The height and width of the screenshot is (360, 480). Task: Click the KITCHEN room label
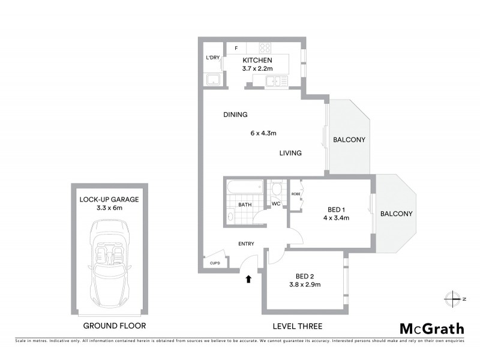(x=257, y=61)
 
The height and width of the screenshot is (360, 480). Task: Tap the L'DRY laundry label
(x=212, y=58)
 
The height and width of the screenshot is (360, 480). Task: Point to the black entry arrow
(x=248, y=278)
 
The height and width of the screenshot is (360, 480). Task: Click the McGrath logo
(x=431, y=328)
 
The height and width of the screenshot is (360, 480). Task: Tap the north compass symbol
(x=451, y=298)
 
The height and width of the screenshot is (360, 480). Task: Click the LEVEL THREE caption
(x=298, y=326)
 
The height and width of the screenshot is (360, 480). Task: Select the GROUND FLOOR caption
(x=114, y=326)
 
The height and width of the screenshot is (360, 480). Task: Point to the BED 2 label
(x=305, y=277)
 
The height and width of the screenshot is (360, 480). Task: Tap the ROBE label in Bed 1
(x=296, y=194)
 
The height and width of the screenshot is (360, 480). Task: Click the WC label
(x=276, y=204)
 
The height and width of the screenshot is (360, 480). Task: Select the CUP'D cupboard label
(x=215, y=263)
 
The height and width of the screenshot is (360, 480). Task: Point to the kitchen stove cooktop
(x=265, y=47)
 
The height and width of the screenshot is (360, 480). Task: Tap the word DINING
(x=235, y=115)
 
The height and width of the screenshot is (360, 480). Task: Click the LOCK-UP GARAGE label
(x=109, y=199)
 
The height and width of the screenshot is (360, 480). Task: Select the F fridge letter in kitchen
(x=236, y=47)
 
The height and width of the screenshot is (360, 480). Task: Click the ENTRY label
(x=246, y=244)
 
